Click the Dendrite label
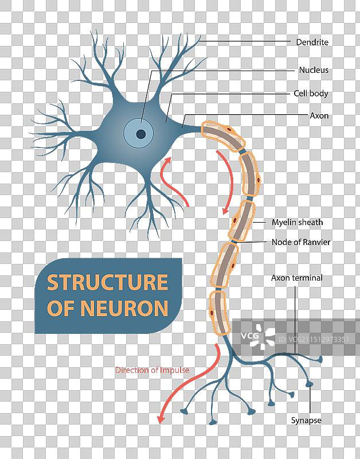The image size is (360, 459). pyautogui.click(x=312, y=42)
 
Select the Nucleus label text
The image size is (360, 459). pyautogui.click(x=314, y=70)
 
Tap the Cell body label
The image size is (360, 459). pyautogui.click(x=311, y=93)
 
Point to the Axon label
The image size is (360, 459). pyautogui.click(x=319, y=115)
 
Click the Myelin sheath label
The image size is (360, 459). pyautogui.click(x=297, y=222)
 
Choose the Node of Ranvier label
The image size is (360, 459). pyautogui.click(x=300, y=242)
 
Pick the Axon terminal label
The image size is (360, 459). pyautogui.click(x=296, y=278)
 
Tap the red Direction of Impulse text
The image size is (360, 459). pyautogui.click(x=152, y=370)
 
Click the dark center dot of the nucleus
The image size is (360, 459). pyautogui.click(x=140, y=134)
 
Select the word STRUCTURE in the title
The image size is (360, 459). pyautogui.click(x=107, y=282)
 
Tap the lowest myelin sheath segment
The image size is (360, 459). pyautogui.click(x=218, y=313)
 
